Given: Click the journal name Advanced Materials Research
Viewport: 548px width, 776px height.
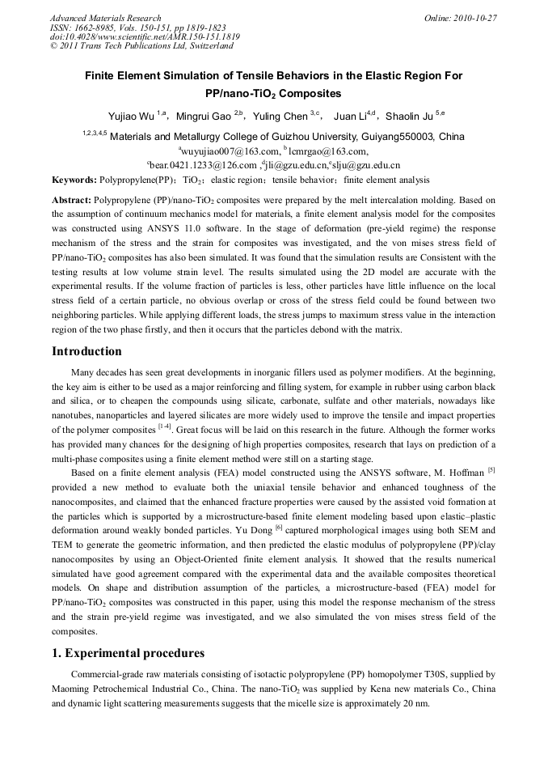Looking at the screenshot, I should tap(105, 18).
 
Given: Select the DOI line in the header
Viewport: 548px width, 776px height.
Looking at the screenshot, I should tap(145, 37).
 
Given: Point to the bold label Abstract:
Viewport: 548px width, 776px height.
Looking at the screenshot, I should tap(72, 199).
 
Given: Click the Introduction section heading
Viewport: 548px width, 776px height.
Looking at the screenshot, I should tap(86, 351).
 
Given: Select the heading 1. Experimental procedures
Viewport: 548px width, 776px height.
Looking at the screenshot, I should tap(128, 653).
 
